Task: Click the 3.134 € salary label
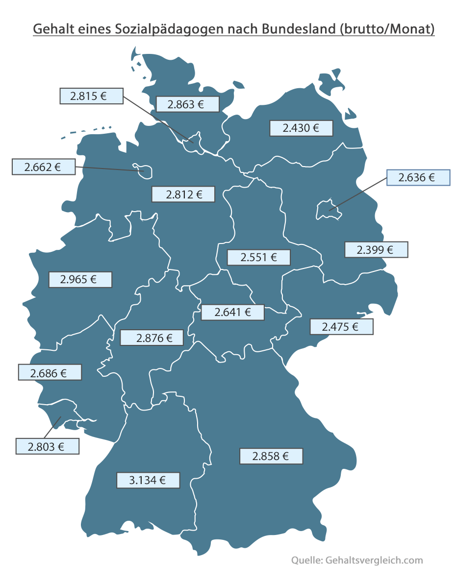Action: (148, 480)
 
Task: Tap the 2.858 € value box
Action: (271, 456)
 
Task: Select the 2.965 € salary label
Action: (80, 280)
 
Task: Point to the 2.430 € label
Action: (301, 128)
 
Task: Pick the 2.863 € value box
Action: (187, 104)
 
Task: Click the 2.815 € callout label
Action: (91, 96)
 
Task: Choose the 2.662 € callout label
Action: (44, 167)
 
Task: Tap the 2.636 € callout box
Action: (418, 177)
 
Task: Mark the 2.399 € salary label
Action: (376, 250)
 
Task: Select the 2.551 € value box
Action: (259, 257)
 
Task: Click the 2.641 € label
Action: (232, 312)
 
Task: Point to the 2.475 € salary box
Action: (341, 326)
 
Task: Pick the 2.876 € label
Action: (152, 338)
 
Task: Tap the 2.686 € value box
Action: (50, 372)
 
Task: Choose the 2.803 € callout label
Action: (47, 446)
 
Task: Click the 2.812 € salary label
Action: (183, 195)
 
